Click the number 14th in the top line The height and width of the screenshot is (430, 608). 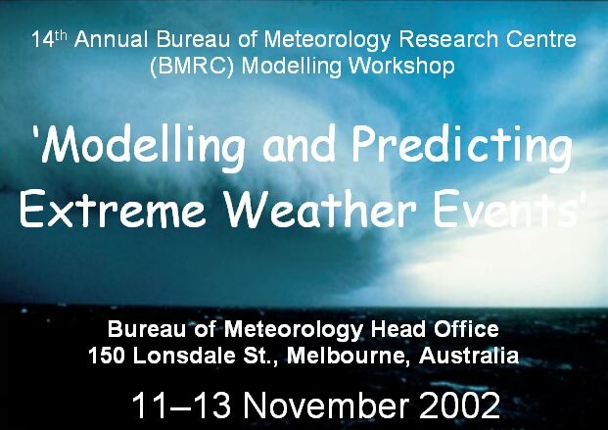point(50,39)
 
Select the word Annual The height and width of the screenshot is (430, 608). point(111,39)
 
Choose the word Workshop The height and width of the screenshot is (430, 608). point(401,66)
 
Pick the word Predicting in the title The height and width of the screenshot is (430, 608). point(462,148)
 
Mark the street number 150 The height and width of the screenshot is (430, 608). point(107,356)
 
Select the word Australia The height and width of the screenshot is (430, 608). point(469,356)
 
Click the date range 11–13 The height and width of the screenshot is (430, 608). point(181,406)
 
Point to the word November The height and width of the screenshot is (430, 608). point(326,406)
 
